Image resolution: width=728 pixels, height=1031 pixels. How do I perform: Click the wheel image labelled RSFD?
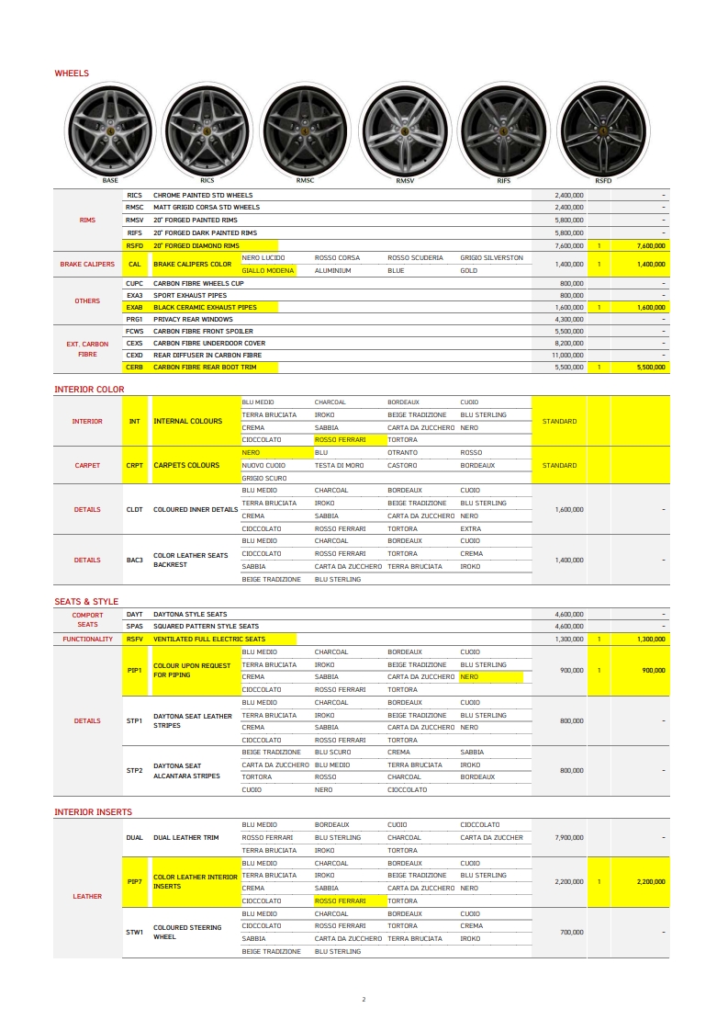pyautogui.click(x=602, y=130)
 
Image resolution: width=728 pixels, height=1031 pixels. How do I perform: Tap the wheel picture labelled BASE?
pyautogui.click(x=109, y=130)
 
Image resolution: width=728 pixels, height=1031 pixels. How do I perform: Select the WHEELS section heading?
pyautogui.click(x=72, y=73)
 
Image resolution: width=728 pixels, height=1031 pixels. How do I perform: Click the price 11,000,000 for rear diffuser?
pyautogui.click(x=567, y=355)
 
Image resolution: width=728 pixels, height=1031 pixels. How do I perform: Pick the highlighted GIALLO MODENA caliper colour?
pyautogui.click(x=268, y=271)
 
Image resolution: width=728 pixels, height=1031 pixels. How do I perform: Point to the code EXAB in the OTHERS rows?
pyautogui.click(x=135, y=307)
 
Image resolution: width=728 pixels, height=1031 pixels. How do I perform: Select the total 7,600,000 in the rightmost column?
pyautogui.click(x=649, y=246)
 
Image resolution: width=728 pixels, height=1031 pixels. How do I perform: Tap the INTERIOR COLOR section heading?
pyautogui.click(x=89, y=390)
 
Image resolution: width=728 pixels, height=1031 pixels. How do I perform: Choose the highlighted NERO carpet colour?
pyautogui.click(x=251, y=453)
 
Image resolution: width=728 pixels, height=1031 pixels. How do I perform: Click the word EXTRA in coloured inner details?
pyautogui.click(x=470, y=528)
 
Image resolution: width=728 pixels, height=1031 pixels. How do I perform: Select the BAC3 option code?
pyautogui.click(x=135, y=560)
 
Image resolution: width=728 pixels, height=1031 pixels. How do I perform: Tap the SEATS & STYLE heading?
pyautogui.click(x=86, y=602)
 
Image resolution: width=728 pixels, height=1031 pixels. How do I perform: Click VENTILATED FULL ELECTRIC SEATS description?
pyautogui.click(x=209, y=639)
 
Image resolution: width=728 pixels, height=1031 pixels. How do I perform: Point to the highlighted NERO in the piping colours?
pyautogui.click(x=469, y=677)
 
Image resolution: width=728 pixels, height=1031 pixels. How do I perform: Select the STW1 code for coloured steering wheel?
pyautogui.click(x=135, y=933)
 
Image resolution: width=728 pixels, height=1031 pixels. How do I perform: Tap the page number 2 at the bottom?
pyautogui.click(x=364, y=999)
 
